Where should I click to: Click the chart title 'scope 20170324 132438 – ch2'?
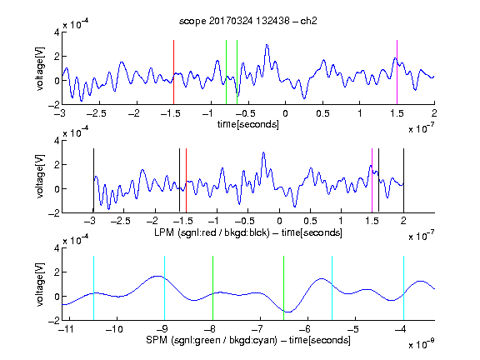click(x=248, y=21)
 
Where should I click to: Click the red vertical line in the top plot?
click(x=173, y=72)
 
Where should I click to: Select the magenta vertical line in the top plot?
click(x=397, y=72)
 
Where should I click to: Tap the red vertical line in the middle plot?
click(x=186, y=180)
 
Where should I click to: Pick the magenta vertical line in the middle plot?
click(x=372, y=180)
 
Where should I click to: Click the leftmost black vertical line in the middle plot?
click(x=93, y=180)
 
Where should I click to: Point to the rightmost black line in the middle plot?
click(x=403, y=180)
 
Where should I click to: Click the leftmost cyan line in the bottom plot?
click(x=93, y=287)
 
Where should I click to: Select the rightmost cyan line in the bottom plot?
click(x=403, y=287)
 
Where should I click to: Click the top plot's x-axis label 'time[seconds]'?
click(x=248, y=124)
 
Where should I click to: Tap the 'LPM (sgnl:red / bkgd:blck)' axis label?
click(x=212, y=232)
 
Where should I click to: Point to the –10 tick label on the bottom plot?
click(x=114, y=329)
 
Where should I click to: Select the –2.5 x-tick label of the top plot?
click(x=97, y=114)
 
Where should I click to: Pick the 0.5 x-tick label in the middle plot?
click(x=310, y=221)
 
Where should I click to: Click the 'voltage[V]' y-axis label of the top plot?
click(x=40, y=69)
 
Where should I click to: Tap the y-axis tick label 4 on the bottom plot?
click(x=57, y=248)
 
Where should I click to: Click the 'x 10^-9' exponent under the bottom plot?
click(x=422, y=343)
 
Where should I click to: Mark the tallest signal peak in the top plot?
click(x=267, y=45)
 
